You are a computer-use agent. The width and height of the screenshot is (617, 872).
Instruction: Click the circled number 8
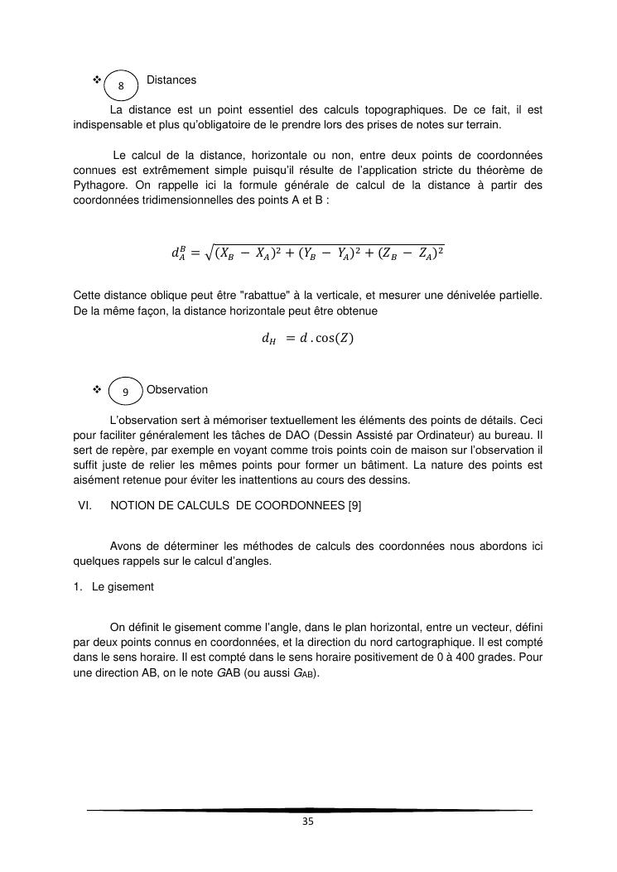pos(122,86)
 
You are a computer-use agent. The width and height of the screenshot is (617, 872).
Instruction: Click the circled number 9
pos(125,392)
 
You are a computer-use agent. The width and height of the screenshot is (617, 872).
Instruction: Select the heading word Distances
pos(171,80)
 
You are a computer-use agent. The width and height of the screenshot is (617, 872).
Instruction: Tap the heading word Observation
pos(176,389)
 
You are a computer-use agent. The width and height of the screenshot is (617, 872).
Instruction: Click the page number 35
pos(308,821)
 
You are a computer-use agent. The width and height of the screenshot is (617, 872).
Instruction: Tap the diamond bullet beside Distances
pos(97,79)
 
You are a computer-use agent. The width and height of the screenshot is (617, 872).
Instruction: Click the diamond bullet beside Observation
pos(97,389)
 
